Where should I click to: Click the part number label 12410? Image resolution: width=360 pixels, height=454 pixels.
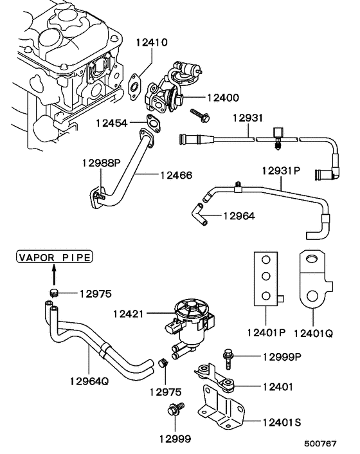(151, 43)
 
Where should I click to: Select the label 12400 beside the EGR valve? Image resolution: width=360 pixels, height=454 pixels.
(222, 98)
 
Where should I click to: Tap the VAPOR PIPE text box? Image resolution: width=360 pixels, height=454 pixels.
(55, 258)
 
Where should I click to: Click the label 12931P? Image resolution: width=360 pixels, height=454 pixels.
(281, 170)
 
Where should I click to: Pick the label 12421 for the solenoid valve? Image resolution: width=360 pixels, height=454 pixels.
(129, 314)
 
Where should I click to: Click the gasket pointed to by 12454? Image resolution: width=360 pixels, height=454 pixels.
(153, 123)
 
